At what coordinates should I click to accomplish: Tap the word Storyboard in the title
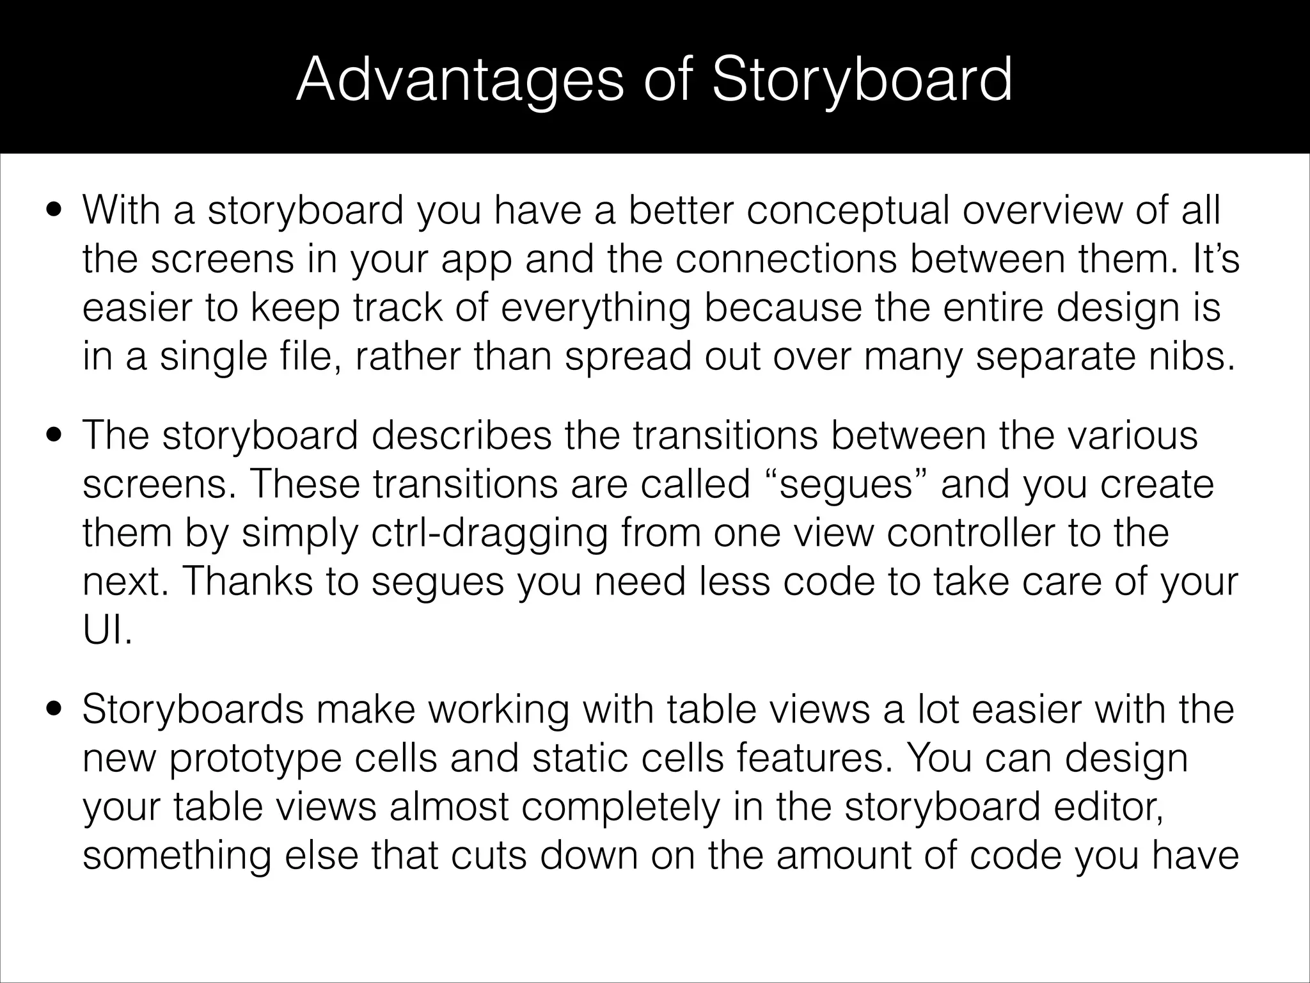point(863,81)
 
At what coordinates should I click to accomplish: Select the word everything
point(596,308)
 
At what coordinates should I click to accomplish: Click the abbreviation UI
point(107,630)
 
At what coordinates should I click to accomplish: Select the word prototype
point(256,758)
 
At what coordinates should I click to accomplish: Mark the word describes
point(461,436)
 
